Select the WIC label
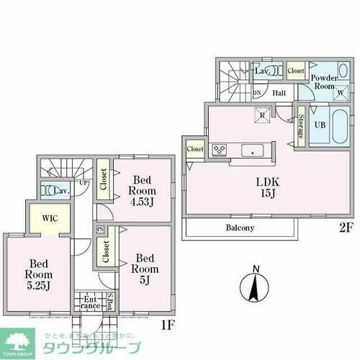pyautogui.click(x=50, y=217)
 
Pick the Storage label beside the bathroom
pyautogui.click(x=300, y=127)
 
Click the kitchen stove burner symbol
pyautogui.click(x=219, y=150)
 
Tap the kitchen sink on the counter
pyautogui.click(x=252, y=150)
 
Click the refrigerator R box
pyautogui.click(x=264, y=116)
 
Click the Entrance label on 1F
pyautogui.click(x=90, y=302)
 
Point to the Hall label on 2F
pyautogui.click(x=279, y=94)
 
